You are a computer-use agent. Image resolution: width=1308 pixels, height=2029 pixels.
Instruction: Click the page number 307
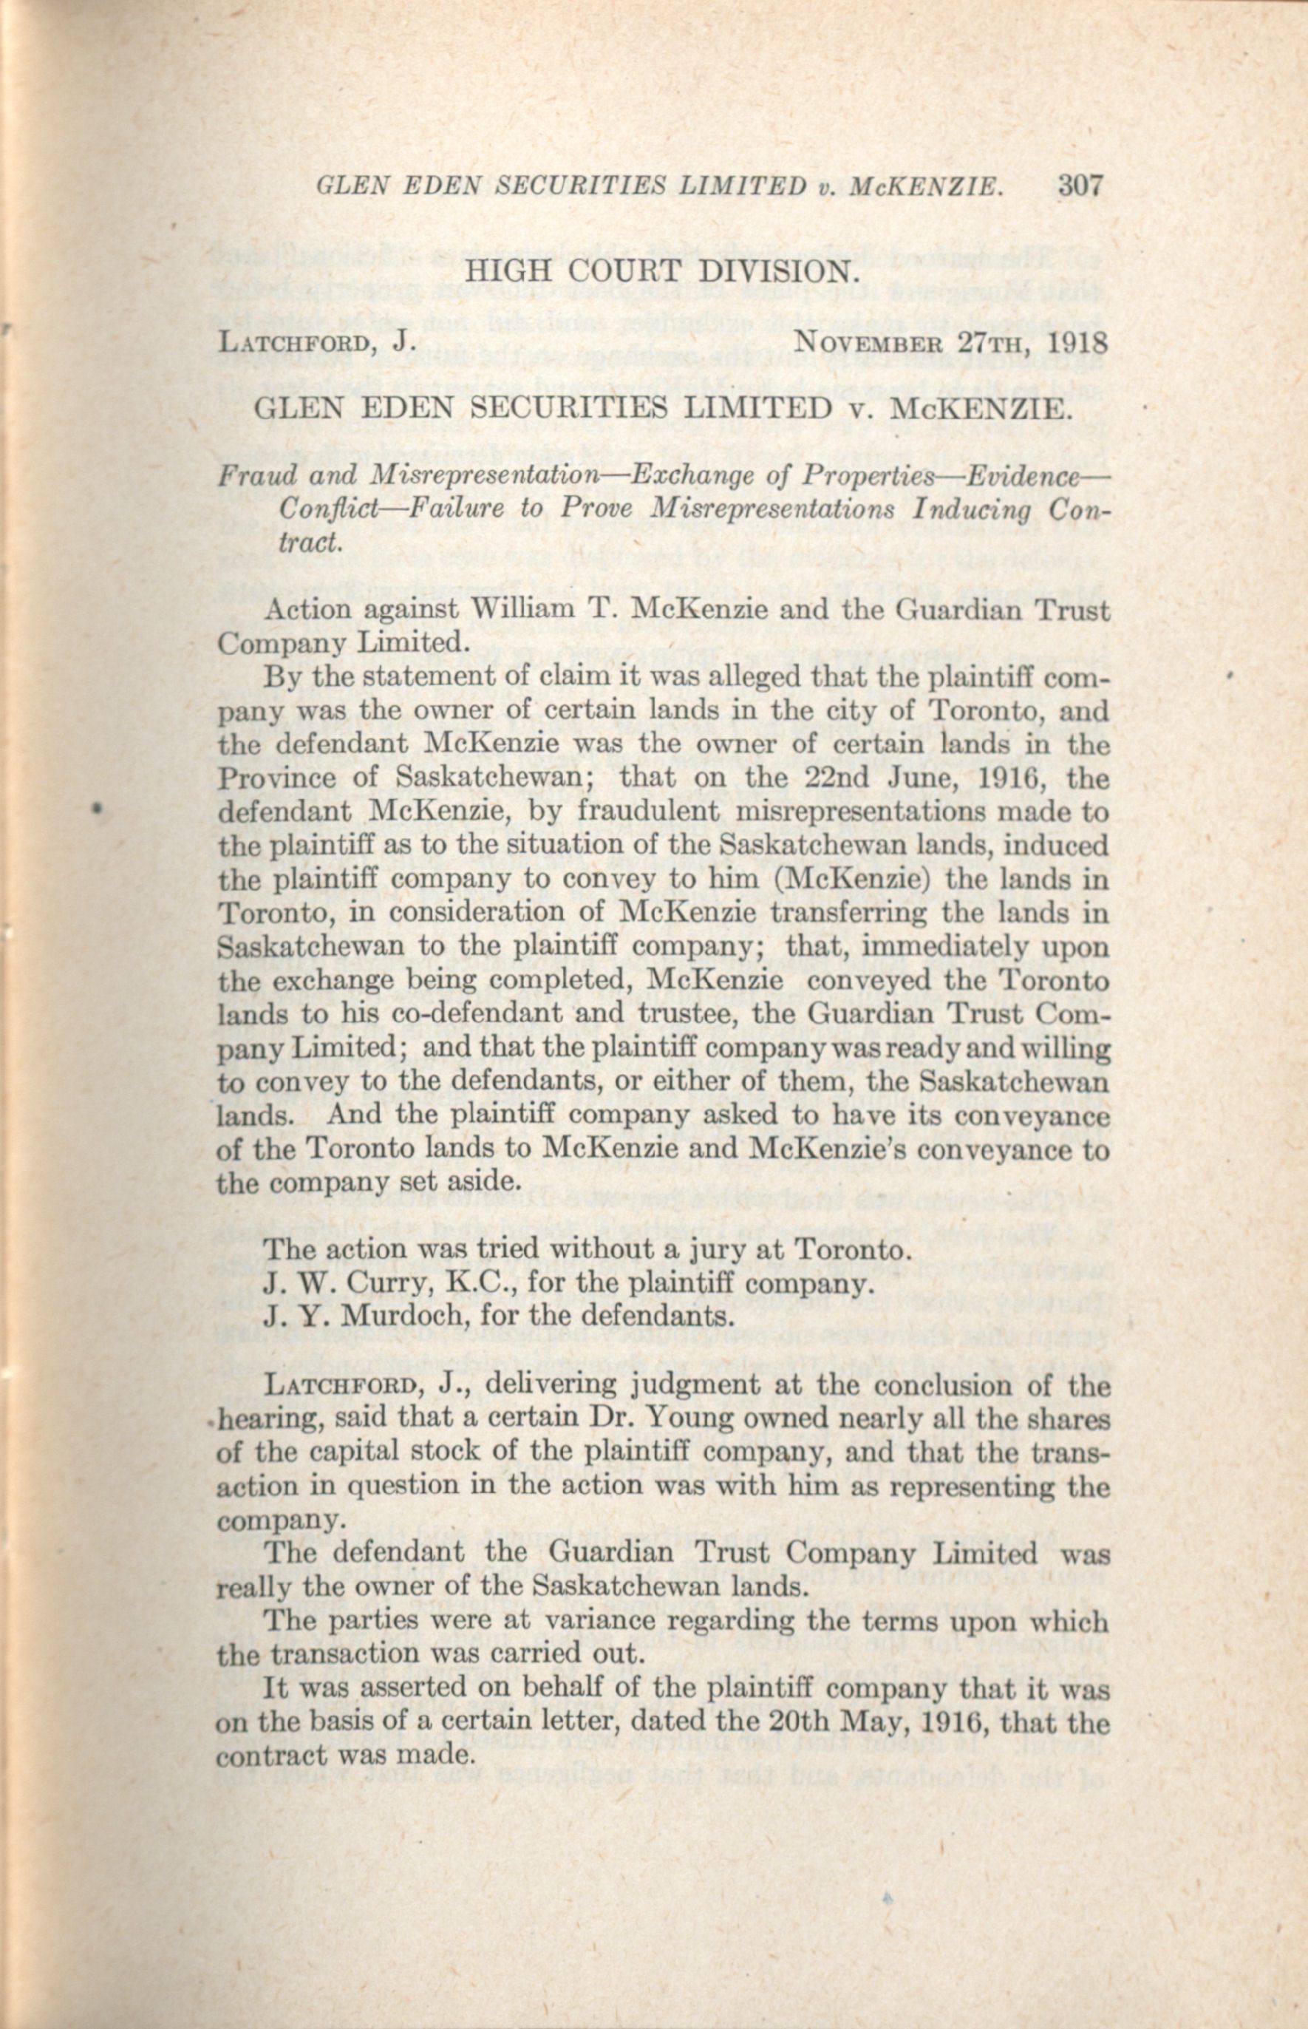coord(1080,186)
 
